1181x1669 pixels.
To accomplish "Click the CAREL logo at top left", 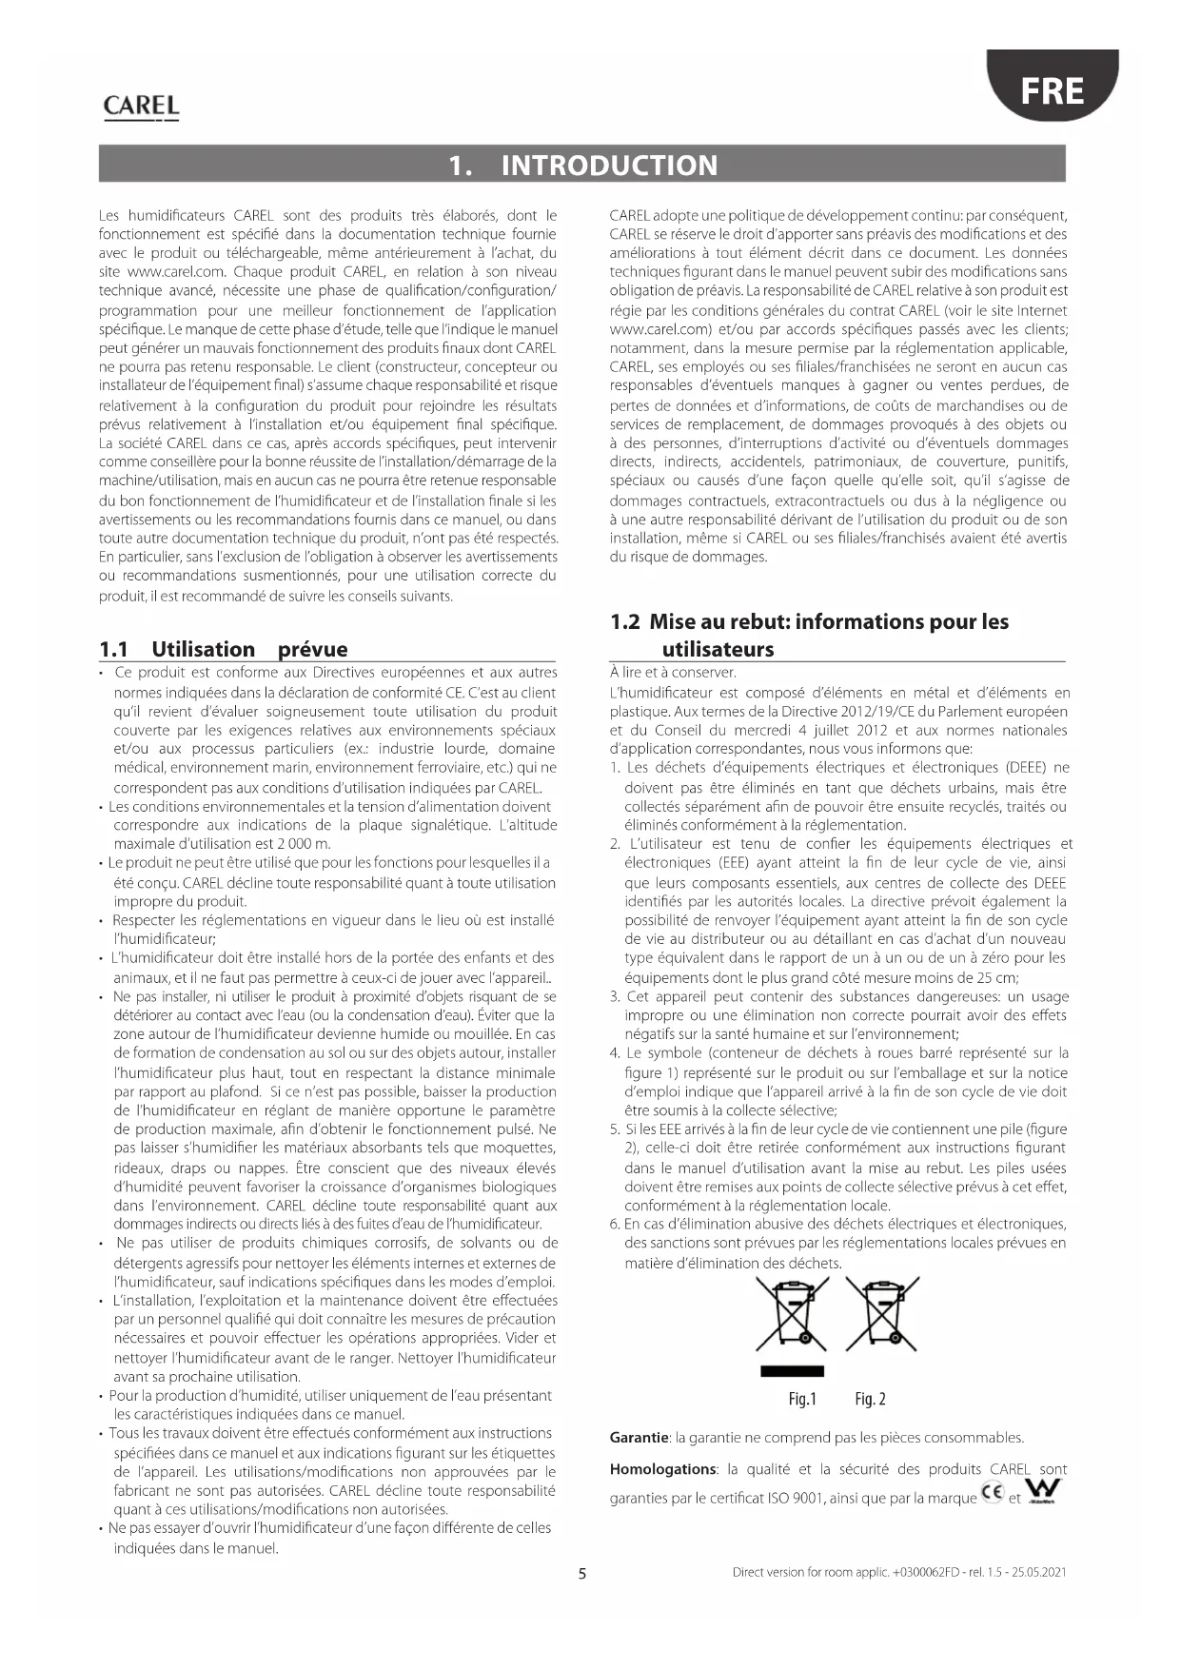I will pyautogui.click(x=141, y=107).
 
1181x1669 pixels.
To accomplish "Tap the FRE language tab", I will pyautogui.click(x=1052, y=91).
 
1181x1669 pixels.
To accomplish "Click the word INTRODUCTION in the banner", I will pyautogui.click(x=609, y=166).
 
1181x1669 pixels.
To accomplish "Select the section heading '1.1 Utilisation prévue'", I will pyautogui.click(x=224, y=649).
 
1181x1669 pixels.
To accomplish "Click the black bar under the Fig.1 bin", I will pyautogui.click(x=792, y=1371).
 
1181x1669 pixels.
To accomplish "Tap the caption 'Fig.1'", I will pyautogui.click(x=802, y=1399).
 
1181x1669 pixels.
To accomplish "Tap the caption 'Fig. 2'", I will pyautogui.click(x=870, y=1399).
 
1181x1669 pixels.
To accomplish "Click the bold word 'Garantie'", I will pyautogui.click(x=639, y=1438).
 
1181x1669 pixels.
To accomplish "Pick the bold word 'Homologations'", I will pyautogui.click(x=662, y=1469).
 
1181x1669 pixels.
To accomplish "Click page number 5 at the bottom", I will pyautogui.click(x=582, y=1573).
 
